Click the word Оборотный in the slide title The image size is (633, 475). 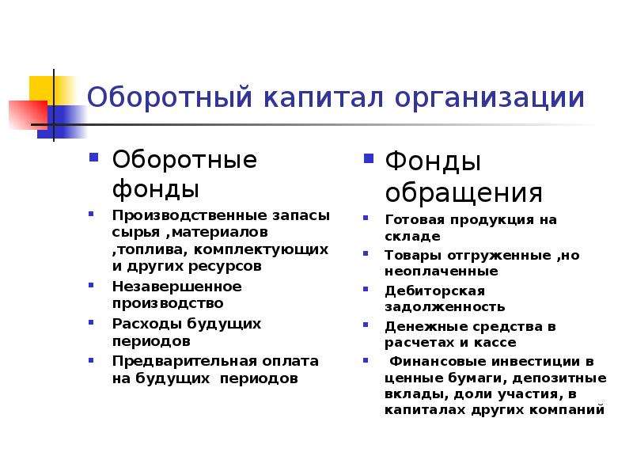click(170, 97)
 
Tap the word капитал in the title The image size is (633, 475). click(324, 97)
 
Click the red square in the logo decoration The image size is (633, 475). click(28, 115)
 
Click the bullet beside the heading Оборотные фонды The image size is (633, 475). click(93, 157)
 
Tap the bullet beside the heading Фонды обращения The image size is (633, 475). click(368, 158)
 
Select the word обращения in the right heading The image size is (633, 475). click(464, 192)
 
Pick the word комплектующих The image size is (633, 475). click(261, 250)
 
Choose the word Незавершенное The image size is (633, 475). click(176, 287)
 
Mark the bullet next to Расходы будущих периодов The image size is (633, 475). click(91, 322)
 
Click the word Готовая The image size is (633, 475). click(415, 219)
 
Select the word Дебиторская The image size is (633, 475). click(434, 291)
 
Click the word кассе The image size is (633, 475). click(495, 343)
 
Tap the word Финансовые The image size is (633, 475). click(438, 361)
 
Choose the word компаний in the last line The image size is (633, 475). click(567, 410)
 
